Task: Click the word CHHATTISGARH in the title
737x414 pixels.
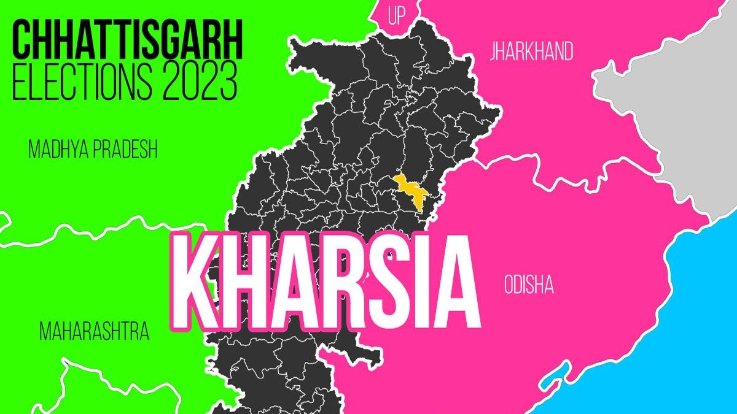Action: (128, 39)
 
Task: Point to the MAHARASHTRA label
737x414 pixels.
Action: (94, 332)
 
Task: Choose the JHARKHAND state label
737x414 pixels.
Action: (531, 52)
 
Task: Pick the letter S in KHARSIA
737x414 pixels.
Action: (382, 283)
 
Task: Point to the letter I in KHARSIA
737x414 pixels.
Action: (418, 283)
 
